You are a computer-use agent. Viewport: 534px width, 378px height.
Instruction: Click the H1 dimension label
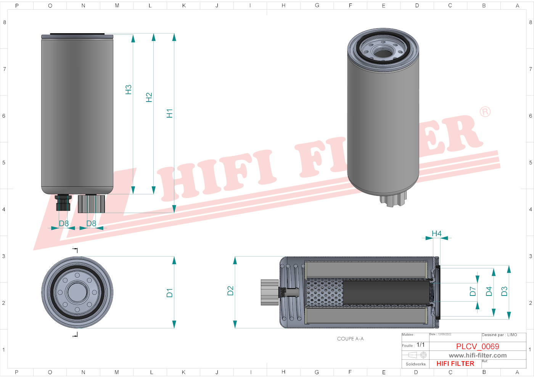(x=170, y=113)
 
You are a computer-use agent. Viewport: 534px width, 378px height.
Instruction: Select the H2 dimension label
(x=149, y=97)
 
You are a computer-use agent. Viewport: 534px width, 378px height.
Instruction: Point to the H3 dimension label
(x=129, y=90)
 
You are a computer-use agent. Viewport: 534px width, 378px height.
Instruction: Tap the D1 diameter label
(x=170, y=293)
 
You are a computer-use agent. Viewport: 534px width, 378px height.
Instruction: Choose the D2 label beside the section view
(x=230, y=291)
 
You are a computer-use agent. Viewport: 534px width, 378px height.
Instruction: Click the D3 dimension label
(x=504, y=292)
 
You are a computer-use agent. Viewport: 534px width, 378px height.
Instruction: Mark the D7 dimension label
(x=473, y=292)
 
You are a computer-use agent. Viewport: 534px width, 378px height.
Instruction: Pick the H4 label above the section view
(x=436, y=233)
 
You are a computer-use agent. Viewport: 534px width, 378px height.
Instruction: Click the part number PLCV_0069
(x=478, y=346)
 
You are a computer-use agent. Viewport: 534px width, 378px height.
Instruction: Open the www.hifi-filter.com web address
(x=478, y=355)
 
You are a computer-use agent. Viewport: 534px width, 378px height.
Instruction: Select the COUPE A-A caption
(x=350, y=339)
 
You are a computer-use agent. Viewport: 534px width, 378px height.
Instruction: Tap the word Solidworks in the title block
(x=415, y=364)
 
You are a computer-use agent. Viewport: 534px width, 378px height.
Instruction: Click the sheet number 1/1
(x=420, y=345)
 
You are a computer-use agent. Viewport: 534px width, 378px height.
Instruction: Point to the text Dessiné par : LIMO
(x=499, y=335)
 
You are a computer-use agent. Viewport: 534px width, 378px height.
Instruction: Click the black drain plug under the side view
(x=63, y=203)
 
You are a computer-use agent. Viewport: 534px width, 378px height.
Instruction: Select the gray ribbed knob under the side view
(x=92, y=204)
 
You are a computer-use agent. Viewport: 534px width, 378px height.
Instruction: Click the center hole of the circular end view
(x=77, y=292)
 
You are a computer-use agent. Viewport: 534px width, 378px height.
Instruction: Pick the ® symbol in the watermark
(x=485, y=112)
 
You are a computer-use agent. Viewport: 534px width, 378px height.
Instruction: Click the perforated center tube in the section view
(x=324, y=292)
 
